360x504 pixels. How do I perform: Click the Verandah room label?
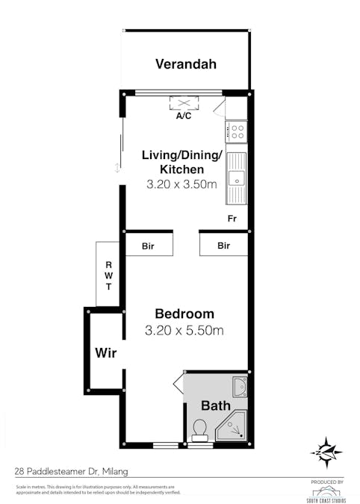pyautogui.click(x=186, y=64)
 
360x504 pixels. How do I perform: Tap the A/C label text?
pyautogui.click(x=183, y=117)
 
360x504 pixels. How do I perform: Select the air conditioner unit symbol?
pyautogui.click(x=183, y=103)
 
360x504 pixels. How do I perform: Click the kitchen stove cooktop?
pyautogui.click(x=237, y=132)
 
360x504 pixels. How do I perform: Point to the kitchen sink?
pyautogui.click(x=236, y=178)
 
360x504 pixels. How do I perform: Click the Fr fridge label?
pyautogui.click(x=232, y=219)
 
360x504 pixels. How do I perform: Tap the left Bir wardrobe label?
pyautogui.click(x=149, y=245)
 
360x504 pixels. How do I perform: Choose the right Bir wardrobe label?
pyautogui.click(x=223, y=245)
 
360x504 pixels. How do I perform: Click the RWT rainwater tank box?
pyautogui.click(x=108, y=275)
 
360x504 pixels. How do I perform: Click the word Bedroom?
pyautogui.click(x=184, y=314)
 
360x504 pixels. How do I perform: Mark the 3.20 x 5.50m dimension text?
pyautogui.click(x=184, y=330)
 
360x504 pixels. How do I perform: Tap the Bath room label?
pyautogui.click(x=214, y=407)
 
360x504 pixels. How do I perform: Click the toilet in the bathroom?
pyautogui.click(x=199, y=429)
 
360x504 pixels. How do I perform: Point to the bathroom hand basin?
pyautogui.click(x=238, y=386)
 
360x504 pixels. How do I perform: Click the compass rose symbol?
pyautogui.click(x=326, y=451)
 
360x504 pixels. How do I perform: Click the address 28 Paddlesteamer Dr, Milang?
pyautogui.click(x=65, y=471)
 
